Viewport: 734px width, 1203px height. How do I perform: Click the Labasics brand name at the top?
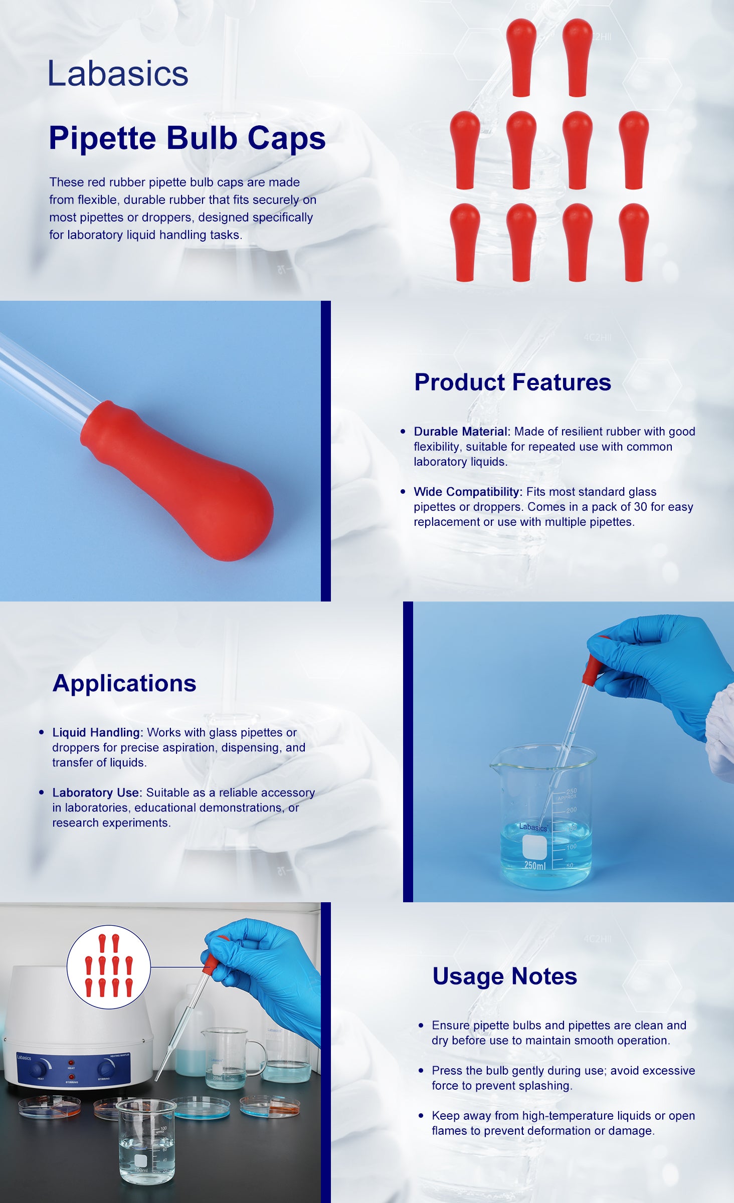[x=118, y=73]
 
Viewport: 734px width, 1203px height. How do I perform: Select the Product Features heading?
[x=512, y=382]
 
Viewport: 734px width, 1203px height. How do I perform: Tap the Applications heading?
[x=124, y=684]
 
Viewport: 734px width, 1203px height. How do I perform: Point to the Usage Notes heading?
[x=505, y=976]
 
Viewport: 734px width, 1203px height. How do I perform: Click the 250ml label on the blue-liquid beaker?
[x=535, y=865]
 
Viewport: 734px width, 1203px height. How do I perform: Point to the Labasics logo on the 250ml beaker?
[x=533, y=827]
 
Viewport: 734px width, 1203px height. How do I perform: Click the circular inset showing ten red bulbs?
[x=109, y=967]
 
